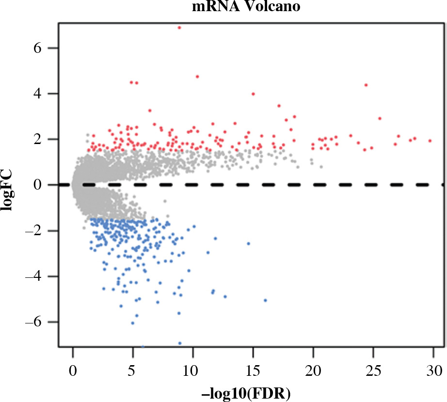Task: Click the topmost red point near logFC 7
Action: pyautogui.click(x=179, y=28)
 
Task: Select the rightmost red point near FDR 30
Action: pyautogui.click(x=430, y=141)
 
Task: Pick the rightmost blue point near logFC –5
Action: pyautogui.click(x=265, y=300)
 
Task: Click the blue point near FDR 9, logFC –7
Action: pyautogui.click(x=180, y=343)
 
